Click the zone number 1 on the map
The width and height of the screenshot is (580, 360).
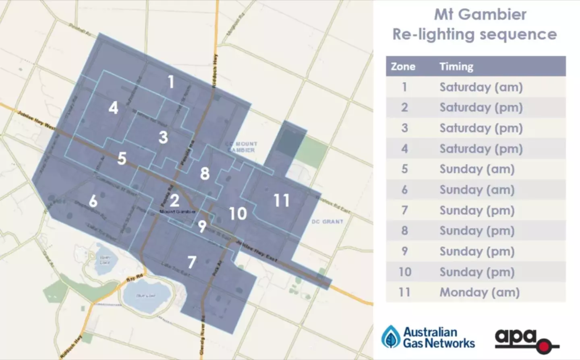coord(171,82)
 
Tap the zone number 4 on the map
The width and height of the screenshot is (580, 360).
coord(114,108)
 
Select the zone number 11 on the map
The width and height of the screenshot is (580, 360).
coord(282,200)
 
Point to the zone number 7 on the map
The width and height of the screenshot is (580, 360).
coord(192,262)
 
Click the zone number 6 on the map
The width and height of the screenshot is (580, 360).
coord(93,201)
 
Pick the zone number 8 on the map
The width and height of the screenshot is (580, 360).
coord(205,174)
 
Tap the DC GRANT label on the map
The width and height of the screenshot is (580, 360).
coord(327,221)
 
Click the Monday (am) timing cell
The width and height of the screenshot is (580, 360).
coord(479,292)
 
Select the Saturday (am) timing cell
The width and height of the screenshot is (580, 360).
coord(481,87)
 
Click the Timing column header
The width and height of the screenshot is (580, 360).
coord(456,66)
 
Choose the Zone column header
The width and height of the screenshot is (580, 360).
coord(403,66)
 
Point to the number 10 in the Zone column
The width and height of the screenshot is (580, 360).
coord(405,272)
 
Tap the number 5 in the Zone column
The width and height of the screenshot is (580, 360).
coord(405,169)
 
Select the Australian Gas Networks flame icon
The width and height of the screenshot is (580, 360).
coord(391,337)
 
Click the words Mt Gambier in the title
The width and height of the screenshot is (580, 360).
coord(480,14)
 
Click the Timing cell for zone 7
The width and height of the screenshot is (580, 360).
coord(477,210)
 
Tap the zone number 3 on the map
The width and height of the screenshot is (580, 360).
coord(163,137)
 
